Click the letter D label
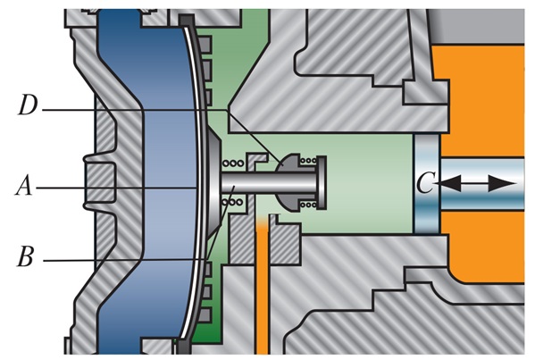(x=28, y=105)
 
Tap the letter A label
(x=24, y=186)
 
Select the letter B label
(x=26, y=256)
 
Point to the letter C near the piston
(x=425, y=182)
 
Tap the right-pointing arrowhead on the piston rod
(x=503, y=184)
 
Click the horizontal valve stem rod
(x=269, y=183)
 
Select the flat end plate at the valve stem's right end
(x=322, y=182)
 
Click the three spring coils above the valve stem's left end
(x=233, y=163)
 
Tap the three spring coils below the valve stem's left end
(x=233, y=203)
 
